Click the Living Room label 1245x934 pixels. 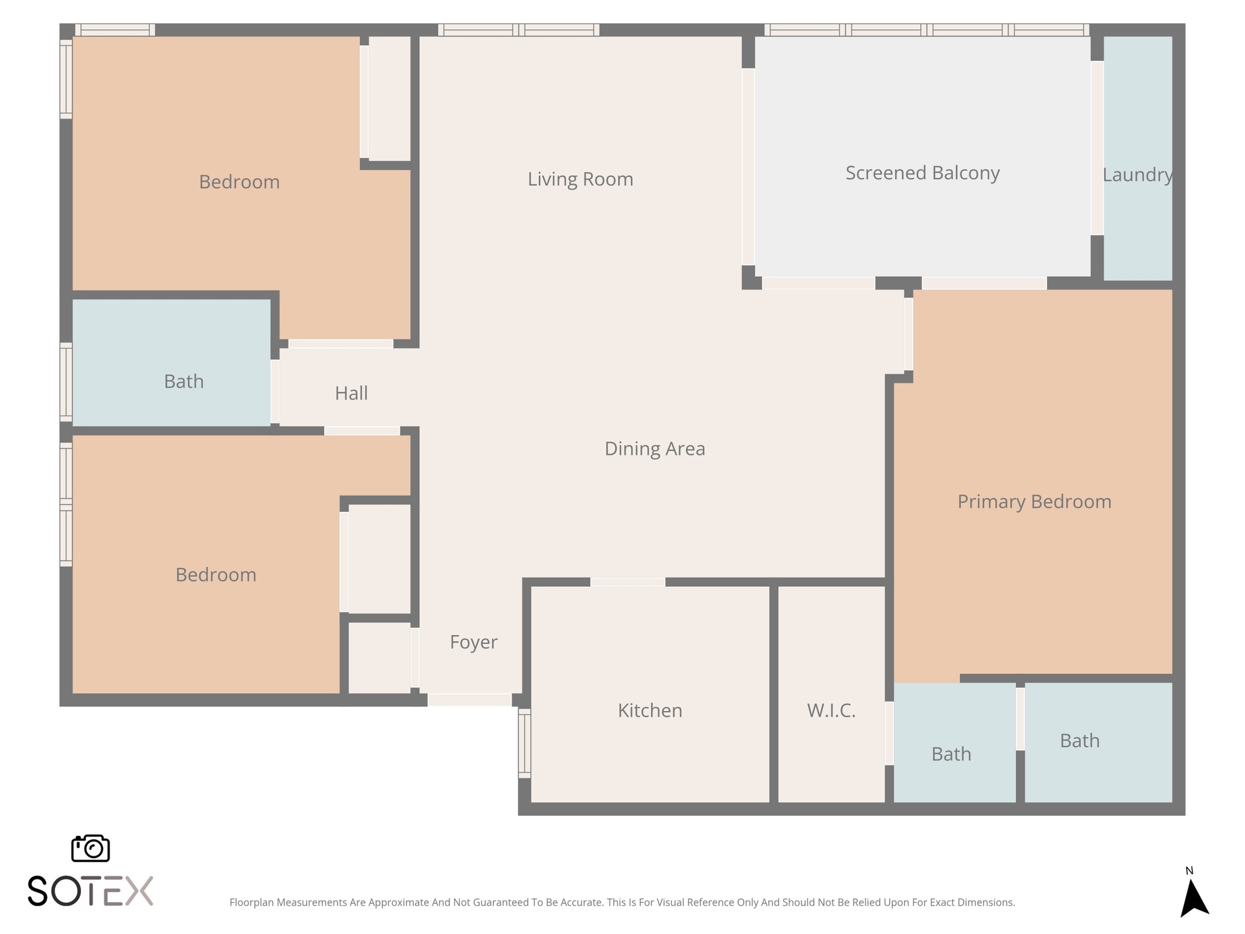tap(580, 179)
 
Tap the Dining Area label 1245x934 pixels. tap(654, 449)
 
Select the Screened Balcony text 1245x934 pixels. tap(923, 173)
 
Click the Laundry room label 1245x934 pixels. tap(1137, 175)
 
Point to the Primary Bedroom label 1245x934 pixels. tap(1034, 502)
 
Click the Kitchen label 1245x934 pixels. tap(650, 711)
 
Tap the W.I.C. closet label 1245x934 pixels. tap(831, 711)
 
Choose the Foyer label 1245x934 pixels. tap(473, 642)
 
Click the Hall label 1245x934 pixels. tap(351, 393)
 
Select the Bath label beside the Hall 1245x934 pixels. tap(184, 381)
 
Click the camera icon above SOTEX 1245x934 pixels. tap(90, 848)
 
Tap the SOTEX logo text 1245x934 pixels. tap(90, 891)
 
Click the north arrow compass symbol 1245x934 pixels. tap(1194, 898)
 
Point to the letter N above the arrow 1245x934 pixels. tap(1189, 871)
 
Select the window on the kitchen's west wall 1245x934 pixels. tap(525, 743)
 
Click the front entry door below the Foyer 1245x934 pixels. tap(469, 700)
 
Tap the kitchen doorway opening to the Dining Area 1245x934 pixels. tap(628, 582)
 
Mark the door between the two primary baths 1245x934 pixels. tap(1020, 719)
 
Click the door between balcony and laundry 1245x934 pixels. tap(1097, 148)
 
